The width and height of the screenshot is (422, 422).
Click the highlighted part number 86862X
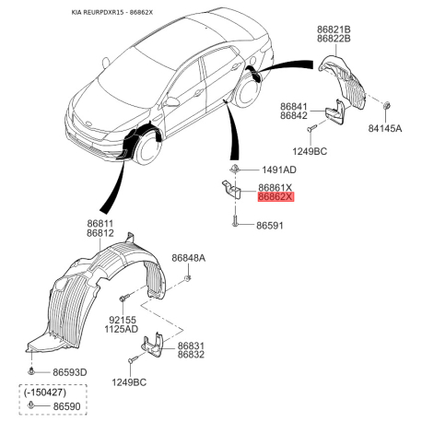click(275, 196)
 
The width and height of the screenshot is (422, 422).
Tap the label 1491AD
click(279, 170)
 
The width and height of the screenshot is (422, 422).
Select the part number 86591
click(270, 226)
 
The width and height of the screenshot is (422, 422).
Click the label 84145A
click(385, 128)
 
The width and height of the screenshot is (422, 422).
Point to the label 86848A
click(188, 258)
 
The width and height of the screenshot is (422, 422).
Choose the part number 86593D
click(70, 372)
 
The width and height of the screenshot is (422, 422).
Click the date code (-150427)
click(45, 393)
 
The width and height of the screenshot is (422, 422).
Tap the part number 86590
click(66, 406)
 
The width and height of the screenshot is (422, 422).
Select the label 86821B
click(334, 29)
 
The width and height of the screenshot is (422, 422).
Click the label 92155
click(123, 320)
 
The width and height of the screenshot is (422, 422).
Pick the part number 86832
click(191, 355)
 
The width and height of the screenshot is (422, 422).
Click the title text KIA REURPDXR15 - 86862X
click(112, 12)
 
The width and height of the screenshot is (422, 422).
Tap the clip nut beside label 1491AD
click(235, 169)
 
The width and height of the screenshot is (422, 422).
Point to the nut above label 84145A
click(387, 105)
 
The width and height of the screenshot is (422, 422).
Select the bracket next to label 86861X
click(231, 190)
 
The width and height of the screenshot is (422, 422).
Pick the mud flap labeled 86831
click(152, 346)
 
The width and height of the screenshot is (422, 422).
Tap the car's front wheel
click(149, 149)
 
